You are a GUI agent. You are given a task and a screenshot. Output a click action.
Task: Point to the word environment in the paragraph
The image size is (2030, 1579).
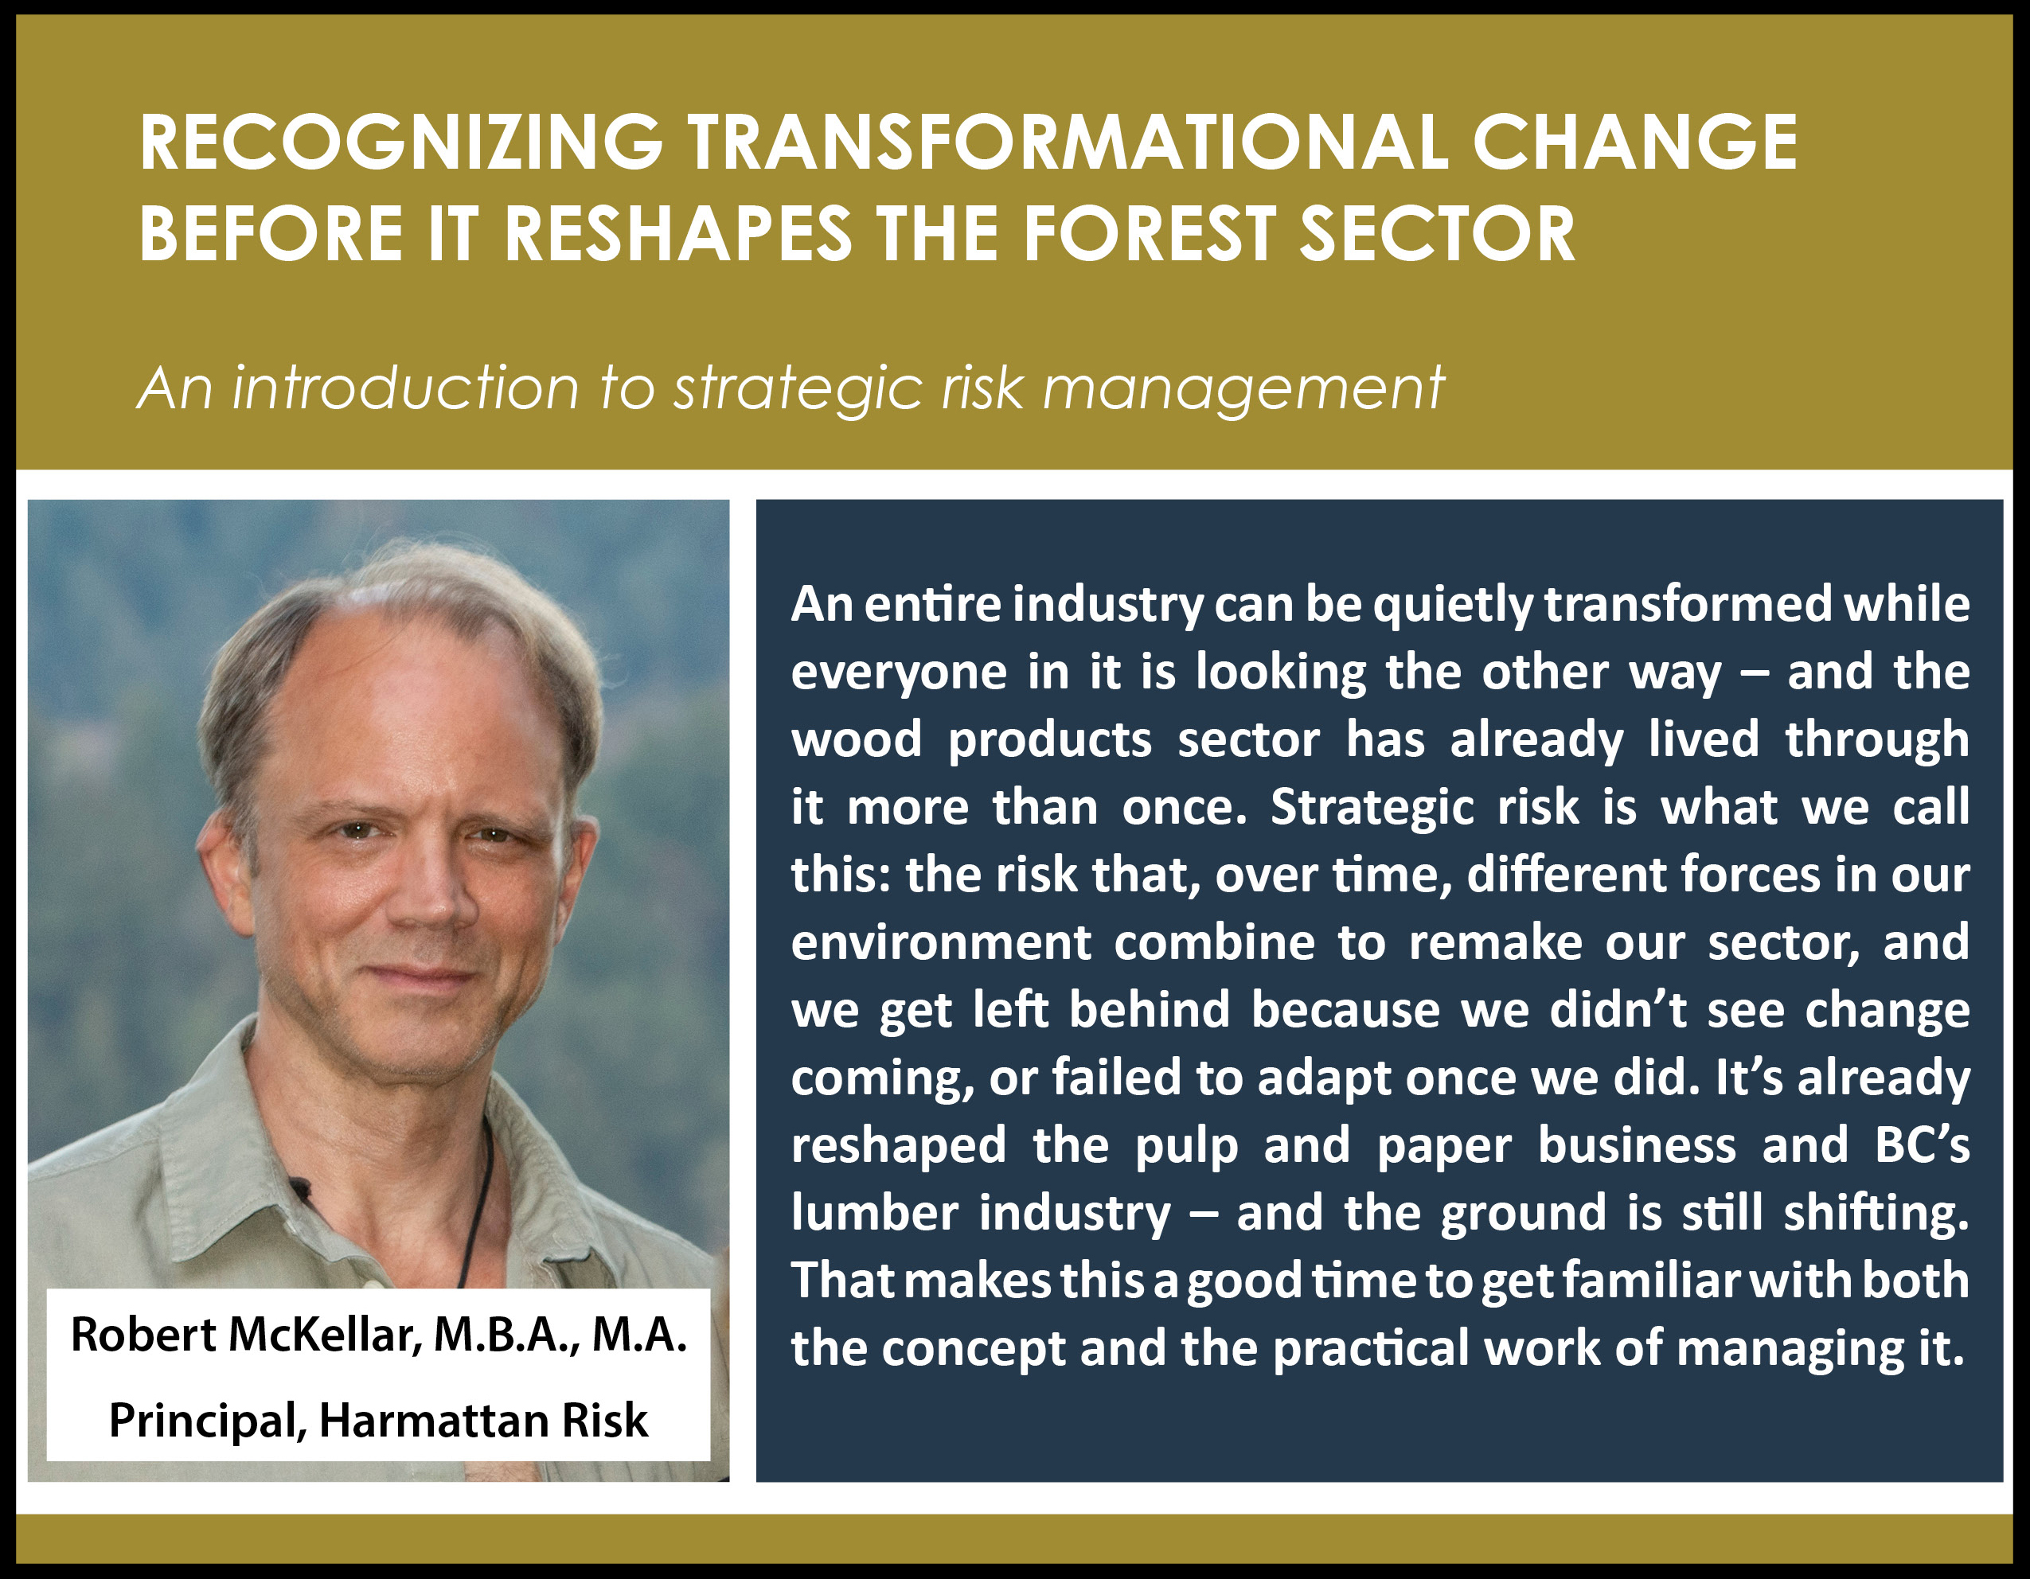941,943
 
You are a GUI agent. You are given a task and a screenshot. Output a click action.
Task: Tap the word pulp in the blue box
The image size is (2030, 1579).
1187,1147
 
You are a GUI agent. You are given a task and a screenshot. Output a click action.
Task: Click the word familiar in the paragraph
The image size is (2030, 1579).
1651,1281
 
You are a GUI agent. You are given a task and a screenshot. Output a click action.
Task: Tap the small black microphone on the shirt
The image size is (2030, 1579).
299,1186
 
